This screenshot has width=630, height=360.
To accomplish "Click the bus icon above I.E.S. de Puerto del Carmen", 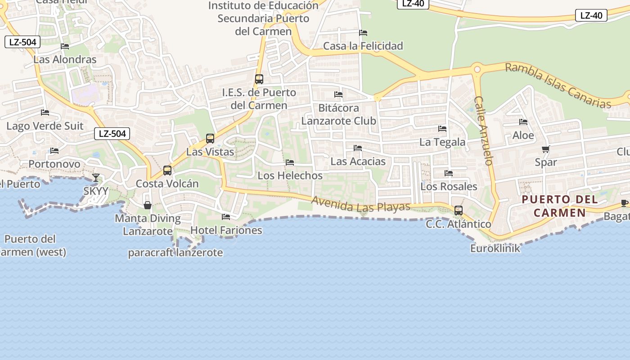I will tap(259, 79).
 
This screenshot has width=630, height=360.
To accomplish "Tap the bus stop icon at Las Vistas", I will tap(210, 139).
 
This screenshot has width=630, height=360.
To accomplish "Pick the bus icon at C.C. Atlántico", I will tap(459, 210).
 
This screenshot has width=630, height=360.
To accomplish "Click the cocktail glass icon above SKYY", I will tap(95, 178).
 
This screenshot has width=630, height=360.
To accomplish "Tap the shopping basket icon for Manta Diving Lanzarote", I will tap(148, 205).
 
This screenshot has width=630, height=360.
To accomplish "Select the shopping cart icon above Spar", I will tap(546, 149).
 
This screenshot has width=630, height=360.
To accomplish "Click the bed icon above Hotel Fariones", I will tap(226, 217).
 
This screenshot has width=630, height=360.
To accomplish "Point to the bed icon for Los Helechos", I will tap(290, 162).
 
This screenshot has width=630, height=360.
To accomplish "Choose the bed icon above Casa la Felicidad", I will tap(363, 33).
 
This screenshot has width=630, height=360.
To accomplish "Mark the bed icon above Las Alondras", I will tap(65, 46).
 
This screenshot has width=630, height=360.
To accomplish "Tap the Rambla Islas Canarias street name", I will tap(558, 85).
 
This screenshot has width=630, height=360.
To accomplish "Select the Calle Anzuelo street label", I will tap(484, 130).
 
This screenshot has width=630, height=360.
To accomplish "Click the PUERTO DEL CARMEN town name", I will tap(560, 206).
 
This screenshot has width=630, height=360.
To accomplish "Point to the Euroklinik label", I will tap(495, 248).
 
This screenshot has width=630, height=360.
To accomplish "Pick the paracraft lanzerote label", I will tap(175, 252).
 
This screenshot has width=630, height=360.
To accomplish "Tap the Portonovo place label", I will tap(54, 164).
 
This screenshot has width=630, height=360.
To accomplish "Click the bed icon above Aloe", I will tap(523, 122).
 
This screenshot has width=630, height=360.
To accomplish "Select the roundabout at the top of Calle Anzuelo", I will tap(477, 69).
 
